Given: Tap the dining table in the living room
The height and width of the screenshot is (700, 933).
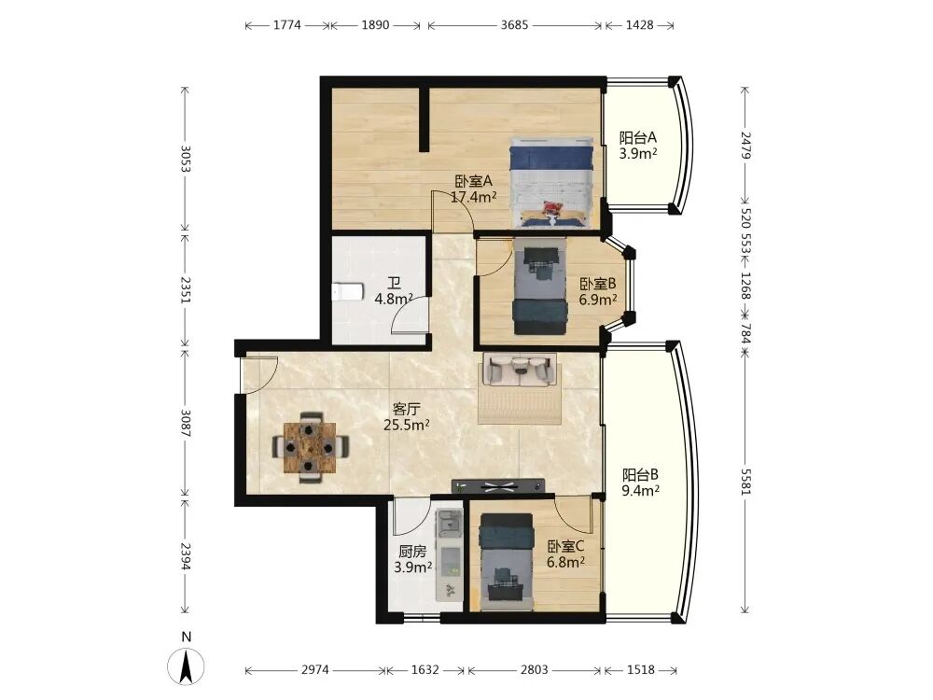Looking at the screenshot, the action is [x=310, y=448].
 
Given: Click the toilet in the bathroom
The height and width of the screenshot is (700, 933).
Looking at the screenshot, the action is [x=347, y=291].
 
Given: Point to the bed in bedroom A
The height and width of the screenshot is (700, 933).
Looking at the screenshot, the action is [x=551, y=182].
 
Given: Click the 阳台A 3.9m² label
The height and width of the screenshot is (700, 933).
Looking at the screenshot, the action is [x=638, y=146].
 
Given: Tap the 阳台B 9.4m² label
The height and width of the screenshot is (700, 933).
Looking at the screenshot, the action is [x=640, y=483].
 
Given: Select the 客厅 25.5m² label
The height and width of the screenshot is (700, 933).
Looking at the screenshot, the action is [x=407, y=416].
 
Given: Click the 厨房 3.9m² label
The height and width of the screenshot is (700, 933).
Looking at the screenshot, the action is [x=412, y=559].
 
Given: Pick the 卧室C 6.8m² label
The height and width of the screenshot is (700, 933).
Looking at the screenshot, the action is [x=565, y=554].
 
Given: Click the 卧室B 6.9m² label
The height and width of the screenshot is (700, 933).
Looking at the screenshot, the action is [x=597, y=291].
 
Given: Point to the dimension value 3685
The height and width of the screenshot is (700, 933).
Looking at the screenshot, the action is [x=514, y=25].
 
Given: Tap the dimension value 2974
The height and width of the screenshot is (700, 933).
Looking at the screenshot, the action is [x=314, y=669].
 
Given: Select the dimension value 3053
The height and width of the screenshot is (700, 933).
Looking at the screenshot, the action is [x=185, y=159].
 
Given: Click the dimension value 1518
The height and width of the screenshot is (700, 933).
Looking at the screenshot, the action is [x=641, y=669].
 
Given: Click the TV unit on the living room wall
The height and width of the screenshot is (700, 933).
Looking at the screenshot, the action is [x=498, y=486].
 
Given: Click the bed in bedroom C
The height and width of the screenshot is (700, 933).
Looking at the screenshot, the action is [x=507, y=562].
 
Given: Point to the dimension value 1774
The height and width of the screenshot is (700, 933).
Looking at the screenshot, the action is [x=287, y=25].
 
